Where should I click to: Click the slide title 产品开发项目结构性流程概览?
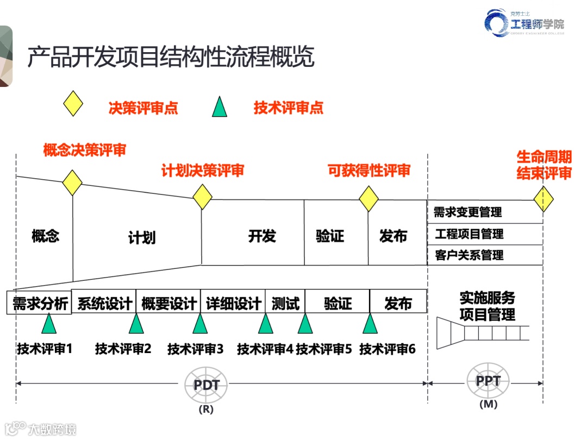171,56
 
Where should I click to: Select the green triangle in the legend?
220,107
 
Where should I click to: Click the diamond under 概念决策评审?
72,183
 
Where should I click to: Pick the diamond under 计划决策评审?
202,197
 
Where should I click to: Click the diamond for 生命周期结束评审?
543,199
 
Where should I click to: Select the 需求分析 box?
40,303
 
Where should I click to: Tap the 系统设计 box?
104,303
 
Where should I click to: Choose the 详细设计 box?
233,303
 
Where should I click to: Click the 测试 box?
285,303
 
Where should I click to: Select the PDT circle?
207,385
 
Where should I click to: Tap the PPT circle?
488,381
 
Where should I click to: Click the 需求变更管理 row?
485,212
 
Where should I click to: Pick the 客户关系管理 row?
485,255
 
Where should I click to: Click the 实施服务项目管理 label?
487,306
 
